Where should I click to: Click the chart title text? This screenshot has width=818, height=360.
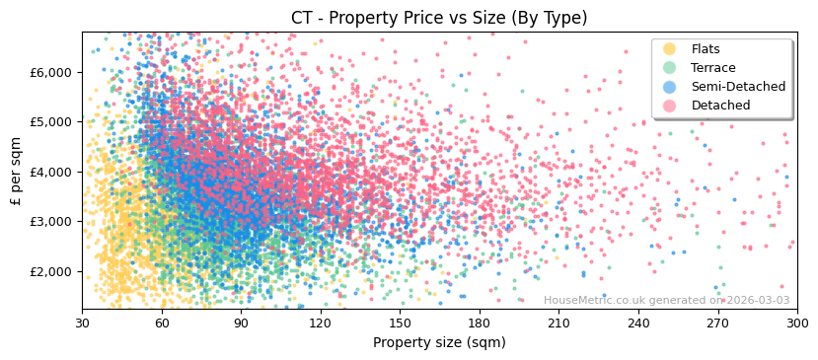(x=439, y=18)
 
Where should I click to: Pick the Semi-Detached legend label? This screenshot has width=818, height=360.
(x=738, y=87)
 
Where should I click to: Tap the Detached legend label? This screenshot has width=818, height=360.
(x=720, y=106)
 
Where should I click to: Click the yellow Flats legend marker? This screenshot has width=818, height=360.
(x=670, y=49)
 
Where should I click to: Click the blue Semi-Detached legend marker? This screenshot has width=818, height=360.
(x=670, y=87)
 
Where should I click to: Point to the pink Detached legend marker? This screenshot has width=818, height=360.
(x=670, y=106)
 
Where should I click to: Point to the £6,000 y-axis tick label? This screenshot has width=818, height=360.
(x=51, y=72)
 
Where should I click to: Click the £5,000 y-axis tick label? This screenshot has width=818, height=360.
(x=51, y=122)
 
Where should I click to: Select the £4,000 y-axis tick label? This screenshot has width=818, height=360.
(x=51, y=172)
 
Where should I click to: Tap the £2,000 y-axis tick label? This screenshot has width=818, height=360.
(x=51, y=271)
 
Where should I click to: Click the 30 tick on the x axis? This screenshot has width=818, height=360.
(x=83, y=324)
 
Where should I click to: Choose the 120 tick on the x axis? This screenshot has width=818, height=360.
(x=321, y=324)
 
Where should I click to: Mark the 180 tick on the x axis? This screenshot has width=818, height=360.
(x=480, y=324)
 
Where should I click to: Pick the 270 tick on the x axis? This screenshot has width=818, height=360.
(x=717, y=324)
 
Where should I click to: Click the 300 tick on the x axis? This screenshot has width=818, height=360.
(x=796, y=324)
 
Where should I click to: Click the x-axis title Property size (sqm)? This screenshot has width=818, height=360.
(x=439, y=342)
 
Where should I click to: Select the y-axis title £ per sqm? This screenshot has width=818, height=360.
(x=16, y=171)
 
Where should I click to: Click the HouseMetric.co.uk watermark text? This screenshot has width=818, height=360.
(x=666, y=300)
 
